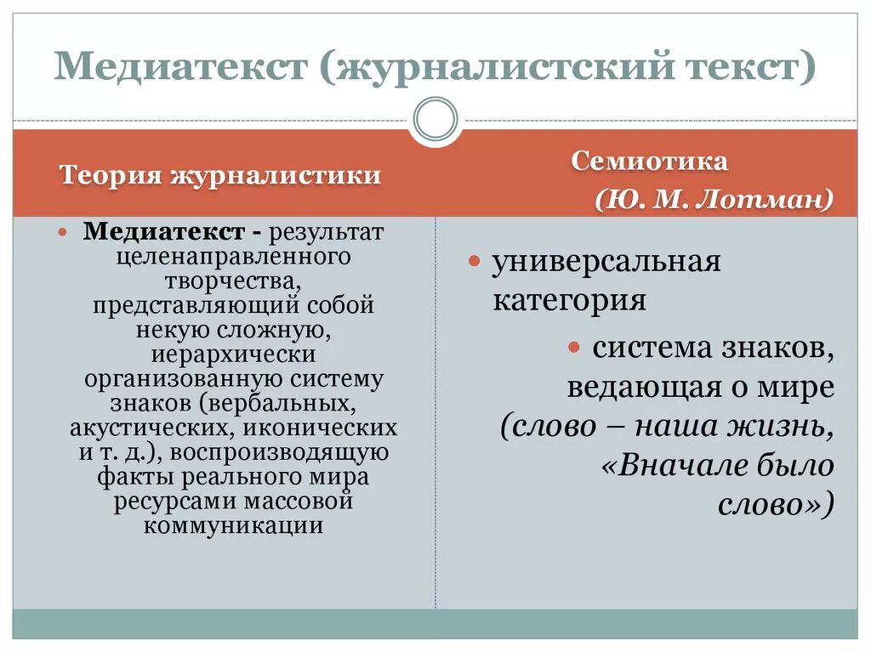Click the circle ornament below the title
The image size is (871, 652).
tap(435, 119)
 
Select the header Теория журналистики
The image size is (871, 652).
tap(219, 176)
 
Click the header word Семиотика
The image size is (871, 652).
tap(649, 162)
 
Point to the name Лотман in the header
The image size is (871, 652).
tap(760, 200)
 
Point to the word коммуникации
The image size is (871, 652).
tap(233, 525)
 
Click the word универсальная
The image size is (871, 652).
tap(606, 261)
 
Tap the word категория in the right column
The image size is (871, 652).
tap(569, 300)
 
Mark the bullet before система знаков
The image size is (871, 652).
tap(574, 347)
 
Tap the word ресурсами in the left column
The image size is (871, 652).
tap(174, 501)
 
